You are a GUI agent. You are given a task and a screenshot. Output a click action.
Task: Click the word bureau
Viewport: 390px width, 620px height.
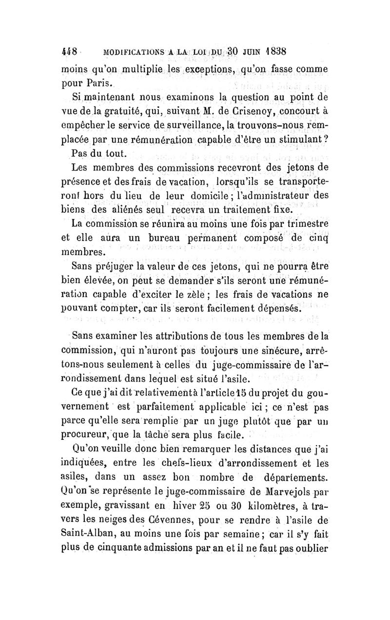click(x=156, y=239)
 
